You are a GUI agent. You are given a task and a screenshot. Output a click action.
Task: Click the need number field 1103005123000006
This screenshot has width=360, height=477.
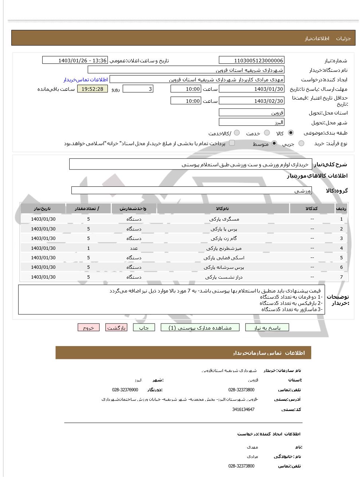[251, 61]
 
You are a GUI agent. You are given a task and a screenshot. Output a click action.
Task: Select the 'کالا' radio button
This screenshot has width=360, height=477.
[291, 133]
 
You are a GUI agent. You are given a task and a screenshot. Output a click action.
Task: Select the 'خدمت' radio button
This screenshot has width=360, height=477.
[267, 133]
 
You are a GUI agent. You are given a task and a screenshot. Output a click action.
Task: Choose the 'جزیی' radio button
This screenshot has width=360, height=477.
[301, 144]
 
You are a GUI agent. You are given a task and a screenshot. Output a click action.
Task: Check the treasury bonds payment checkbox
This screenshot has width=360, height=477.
[232, 143]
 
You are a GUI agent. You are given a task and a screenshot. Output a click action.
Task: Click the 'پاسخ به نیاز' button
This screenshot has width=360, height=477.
[267, 327]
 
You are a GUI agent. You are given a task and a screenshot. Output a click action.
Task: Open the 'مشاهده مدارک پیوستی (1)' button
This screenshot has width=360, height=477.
[200, 327]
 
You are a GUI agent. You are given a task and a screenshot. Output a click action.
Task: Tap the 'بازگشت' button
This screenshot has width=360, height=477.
[116, 327]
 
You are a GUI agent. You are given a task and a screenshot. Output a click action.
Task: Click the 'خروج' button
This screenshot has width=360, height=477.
[89, 327]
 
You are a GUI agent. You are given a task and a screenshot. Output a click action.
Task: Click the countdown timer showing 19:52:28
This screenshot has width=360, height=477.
[93, 89]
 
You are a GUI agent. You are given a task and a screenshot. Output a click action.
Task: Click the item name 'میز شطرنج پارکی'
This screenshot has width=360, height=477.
[224, 248]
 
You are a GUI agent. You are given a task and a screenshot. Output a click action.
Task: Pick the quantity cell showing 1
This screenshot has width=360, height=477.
[89, 248]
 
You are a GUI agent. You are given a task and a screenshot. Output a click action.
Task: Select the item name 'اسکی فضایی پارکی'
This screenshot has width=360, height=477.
[224, 258]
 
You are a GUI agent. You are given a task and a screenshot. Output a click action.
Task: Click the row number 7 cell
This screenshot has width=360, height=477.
[341, 277]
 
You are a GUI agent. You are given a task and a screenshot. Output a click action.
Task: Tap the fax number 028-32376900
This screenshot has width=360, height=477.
[125, 390]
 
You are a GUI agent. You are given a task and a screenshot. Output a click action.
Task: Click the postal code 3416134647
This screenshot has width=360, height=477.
[243, 410]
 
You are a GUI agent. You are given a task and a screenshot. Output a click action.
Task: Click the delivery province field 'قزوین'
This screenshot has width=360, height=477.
[251, 113]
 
